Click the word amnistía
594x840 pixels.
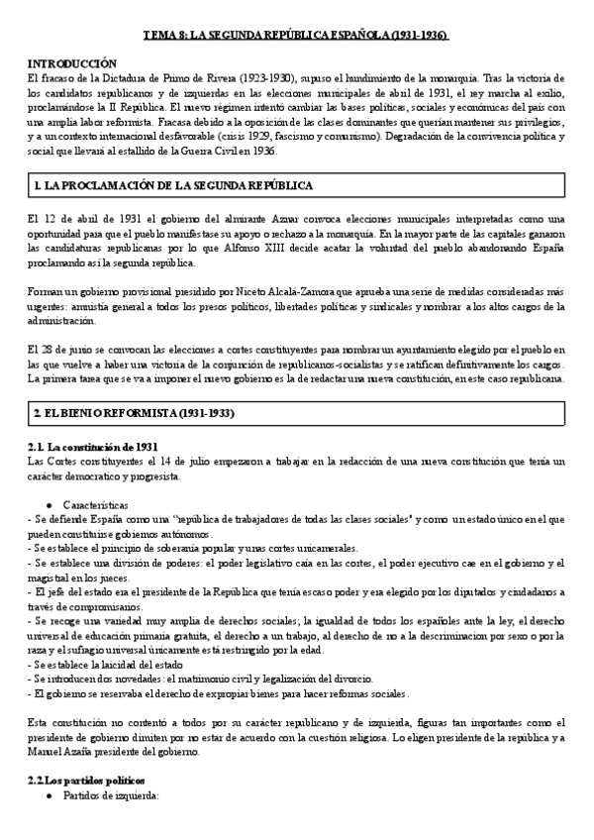84,308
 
